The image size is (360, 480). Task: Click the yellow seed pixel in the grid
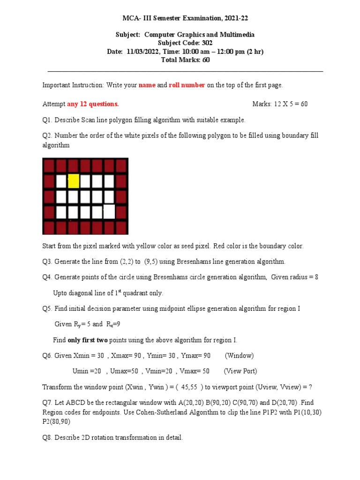tap(73, 181)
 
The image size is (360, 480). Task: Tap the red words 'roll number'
tap(187, 85)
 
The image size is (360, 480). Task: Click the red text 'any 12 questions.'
tap(93, 104)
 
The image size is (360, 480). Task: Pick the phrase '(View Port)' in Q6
tap(240, 371)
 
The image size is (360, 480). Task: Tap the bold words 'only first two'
tap(88, 340)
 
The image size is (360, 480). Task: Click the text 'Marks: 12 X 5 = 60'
tap(280, 104)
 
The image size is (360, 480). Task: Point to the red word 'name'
tap(147, 85)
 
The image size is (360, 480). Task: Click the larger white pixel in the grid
tap(109, 211)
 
